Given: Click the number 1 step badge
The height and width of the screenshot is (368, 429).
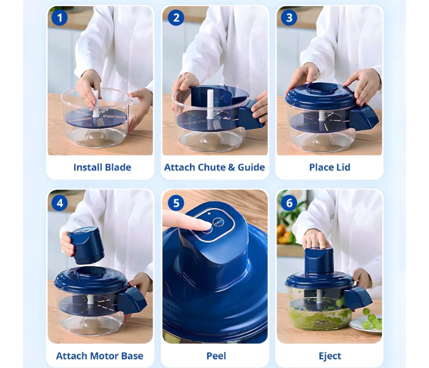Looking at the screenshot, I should [x=59, y=18].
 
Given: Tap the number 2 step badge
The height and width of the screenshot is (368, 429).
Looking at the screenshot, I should [x=175, y=18].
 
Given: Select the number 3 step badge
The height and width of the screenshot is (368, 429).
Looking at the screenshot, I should [x=289, y=18].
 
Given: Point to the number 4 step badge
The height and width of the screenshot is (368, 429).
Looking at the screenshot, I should [x=59, y=202].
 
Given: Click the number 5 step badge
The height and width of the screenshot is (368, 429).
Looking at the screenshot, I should [x=175, y=202].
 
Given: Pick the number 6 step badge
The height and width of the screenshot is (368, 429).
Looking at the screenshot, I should [x=289, y=202].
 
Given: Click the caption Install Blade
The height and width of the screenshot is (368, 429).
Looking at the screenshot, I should [x=102, y=167].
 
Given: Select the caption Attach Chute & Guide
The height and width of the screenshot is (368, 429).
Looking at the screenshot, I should [x=214, y=167].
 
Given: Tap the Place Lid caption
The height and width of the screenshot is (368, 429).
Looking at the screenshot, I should [x=330, y=167].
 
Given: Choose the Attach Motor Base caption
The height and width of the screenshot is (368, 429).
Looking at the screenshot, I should [x=99, y=356].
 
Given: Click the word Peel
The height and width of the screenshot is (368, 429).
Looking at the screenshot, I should [x=216, y=356].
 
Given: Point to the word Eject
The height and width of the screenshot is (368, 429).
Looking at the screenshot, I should [x=330, y=356].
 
